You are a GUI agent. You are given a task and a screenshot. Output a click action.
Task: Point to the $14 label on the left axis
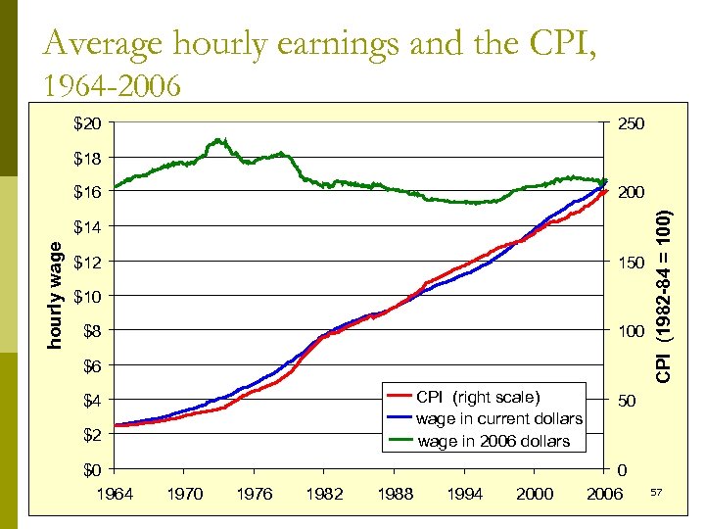pos(86,226)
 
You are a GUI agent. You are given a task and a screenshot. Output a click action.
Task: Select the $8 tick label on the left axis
pos(90,331)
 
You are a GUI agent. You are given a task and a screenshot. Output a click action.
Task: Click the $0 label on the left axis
pos(90,469)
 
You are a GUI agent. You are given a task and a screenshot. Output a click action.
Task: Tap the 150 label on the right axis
pos(626,263)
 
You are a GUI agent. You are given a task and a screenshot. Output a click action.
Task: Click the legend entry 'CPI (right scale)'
pos(477,397)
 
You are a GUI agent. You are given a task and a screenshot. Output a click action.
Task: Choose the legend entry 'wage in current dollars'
pos(498,418)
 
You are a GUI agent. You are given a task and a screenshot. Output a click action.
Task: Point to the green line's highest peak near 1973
pos(219,140)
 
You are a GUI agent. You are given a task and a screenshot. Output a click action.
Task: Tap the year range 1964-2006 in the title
pos(113,86)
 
